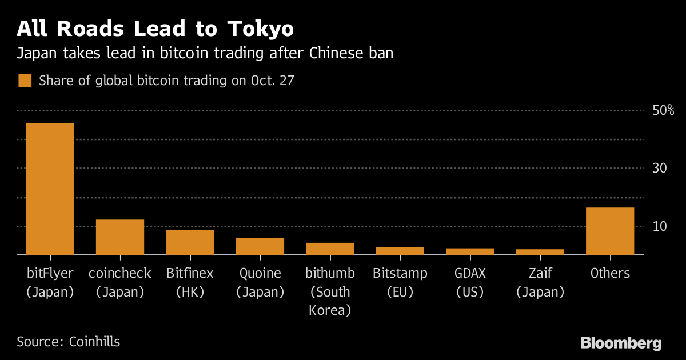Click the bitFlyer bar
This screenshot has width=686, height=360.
pos(50,189)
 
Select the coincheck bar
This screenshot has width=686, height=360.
pos(120,237)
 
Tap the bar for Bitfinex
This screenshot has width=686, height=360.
pos(190,242)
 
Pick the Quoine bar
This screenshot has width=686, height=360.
pos(260,246)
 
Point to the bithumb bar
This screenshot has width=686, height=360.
pos(330,249)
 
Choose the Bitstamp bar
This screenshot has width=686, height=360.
pos(400,251)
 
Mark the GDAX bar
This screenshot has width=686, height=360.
pos(470,251)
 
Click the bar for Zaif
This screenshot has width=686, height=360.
pos(540,251)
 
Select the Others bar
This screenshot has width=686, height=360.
pos(610,231)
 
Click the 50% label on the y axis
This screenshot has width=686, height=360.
pos(663,110)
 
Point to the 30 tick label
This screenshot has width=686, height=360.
pos(660,168)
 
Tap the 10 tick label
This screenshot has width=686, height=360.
pos(660,226)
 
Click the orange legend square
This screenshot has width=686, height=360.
pos(25,81)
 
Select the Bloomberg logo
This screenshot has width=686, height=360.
pos(621,343)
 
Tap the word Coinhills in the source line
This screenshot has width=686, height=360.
pos(94,342)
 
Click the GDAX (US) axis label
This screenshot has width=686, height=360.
pos(470,282)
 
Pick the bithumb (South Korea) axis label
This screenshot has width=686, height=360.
pos(330,291)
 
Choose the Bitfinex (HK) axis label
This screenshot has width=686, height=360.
pos(190,282)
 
